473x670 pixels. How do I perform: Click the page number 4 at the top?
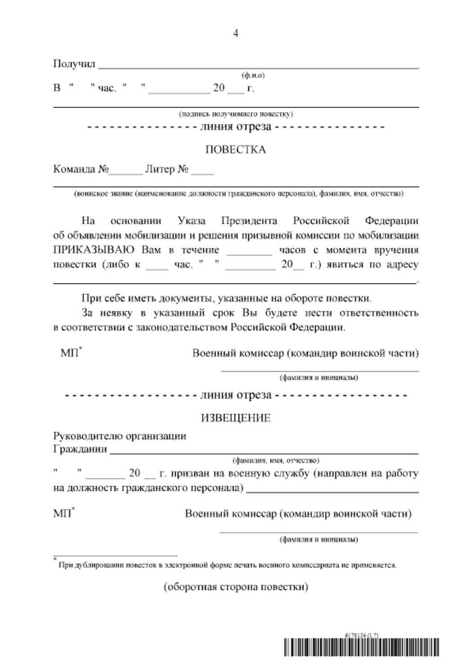pos(236,33)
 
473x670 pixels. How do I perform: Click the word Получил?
pos(74,63)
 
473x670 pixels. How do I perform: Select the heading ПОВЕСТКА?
pos(236,149)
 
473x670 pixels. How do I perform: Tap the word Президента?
pos(249,220)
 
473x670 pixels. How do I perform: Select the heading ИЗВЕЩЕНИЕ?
pos(236,418)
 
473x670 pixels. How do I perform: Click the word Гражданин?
pos(80,449)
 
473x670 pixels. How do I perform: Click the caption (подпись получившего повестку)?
pos(236,114)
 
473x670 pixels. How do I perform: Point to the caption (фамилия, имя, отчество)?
pos(276,461)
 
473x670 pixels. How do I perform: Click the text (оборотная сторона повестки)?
pos(236,587)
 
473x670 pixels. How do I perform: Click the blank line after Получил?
pos(259,67)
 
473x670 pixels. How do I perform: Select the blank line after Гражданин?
pos(264,452)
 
